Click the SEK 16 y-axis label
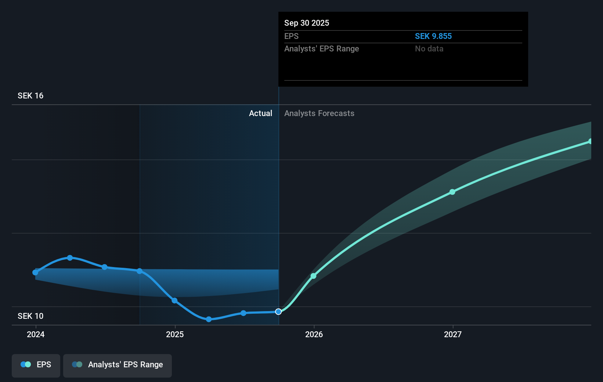(30, 96)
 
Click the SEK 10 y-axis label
(30, 316)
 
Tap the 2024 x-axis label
(36, 335)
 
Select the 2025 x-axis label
(175, 335)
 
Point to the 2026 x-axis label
(314, 335)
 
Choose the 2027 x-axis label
(453, 335)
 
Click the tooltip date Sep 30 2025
(307, 23)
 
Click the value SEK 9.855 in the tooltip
(433, 36)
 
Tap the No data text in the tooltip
(429, 49)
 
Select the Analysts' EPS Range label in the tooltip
(322, 49)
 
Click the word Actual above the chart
(260, 113)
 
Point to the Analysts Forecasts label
(319, 113)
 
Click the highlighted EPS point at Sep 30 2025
(278, 312)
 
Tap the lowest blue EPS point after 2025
(209, 319)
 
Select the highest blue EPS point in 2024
(70, 258)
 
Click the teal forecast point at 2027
(452, 192)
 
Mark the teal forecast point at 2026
(313, 276)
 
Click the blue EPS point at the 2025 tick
(175, 301)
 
